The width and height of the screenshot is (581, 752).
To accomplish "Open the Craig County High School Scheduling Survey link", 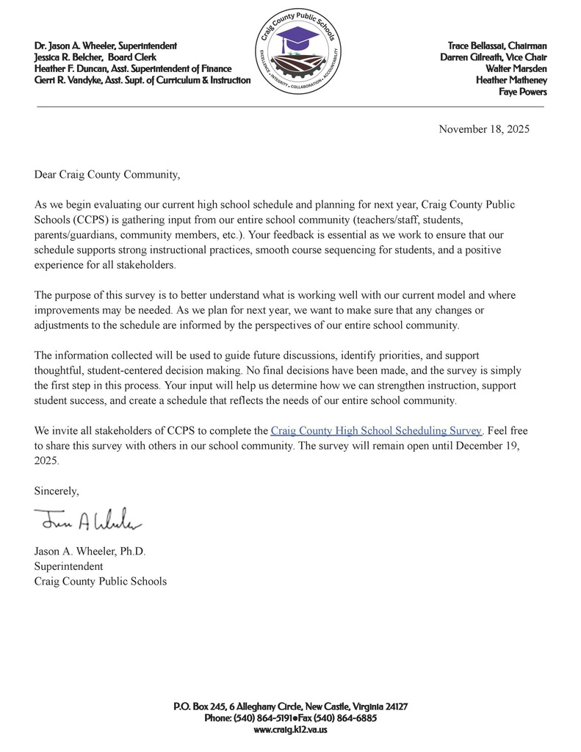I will pyautogui.click(x=376, y=431).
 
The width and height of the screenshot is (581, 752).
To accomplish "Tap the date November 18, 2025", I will pyautogui.click(x=483, y=129).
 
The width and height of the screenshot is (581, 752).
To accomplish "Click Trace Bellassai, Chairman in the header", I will pyautogui.click(x=497, y=46).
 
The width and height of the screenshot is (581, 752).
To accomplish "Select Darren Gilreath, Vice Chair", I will pyautogui.click(x=493, y=57).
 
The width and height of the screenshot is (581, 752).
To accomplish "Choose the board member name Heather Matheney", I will pyautogui.click(x=511, y=80).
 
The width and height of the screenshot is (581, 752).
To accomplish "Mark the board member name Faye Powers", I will pyautogui.click(x=523, y=92).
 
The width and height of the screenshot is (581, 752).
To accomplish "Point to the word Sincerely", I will pyautogui.click(x=57, y=490).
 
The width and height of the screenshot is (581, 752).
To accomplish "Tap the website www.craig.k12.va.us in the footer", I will pyautogui.click(x=290, y=729).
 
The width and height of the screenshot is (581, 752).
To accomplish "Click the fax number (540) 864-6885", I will pyautogui.click(x=348, y=717).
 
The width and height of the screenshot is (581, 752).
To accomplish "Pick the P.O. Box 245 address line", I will pyautogui.click(x=290, y=706).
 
